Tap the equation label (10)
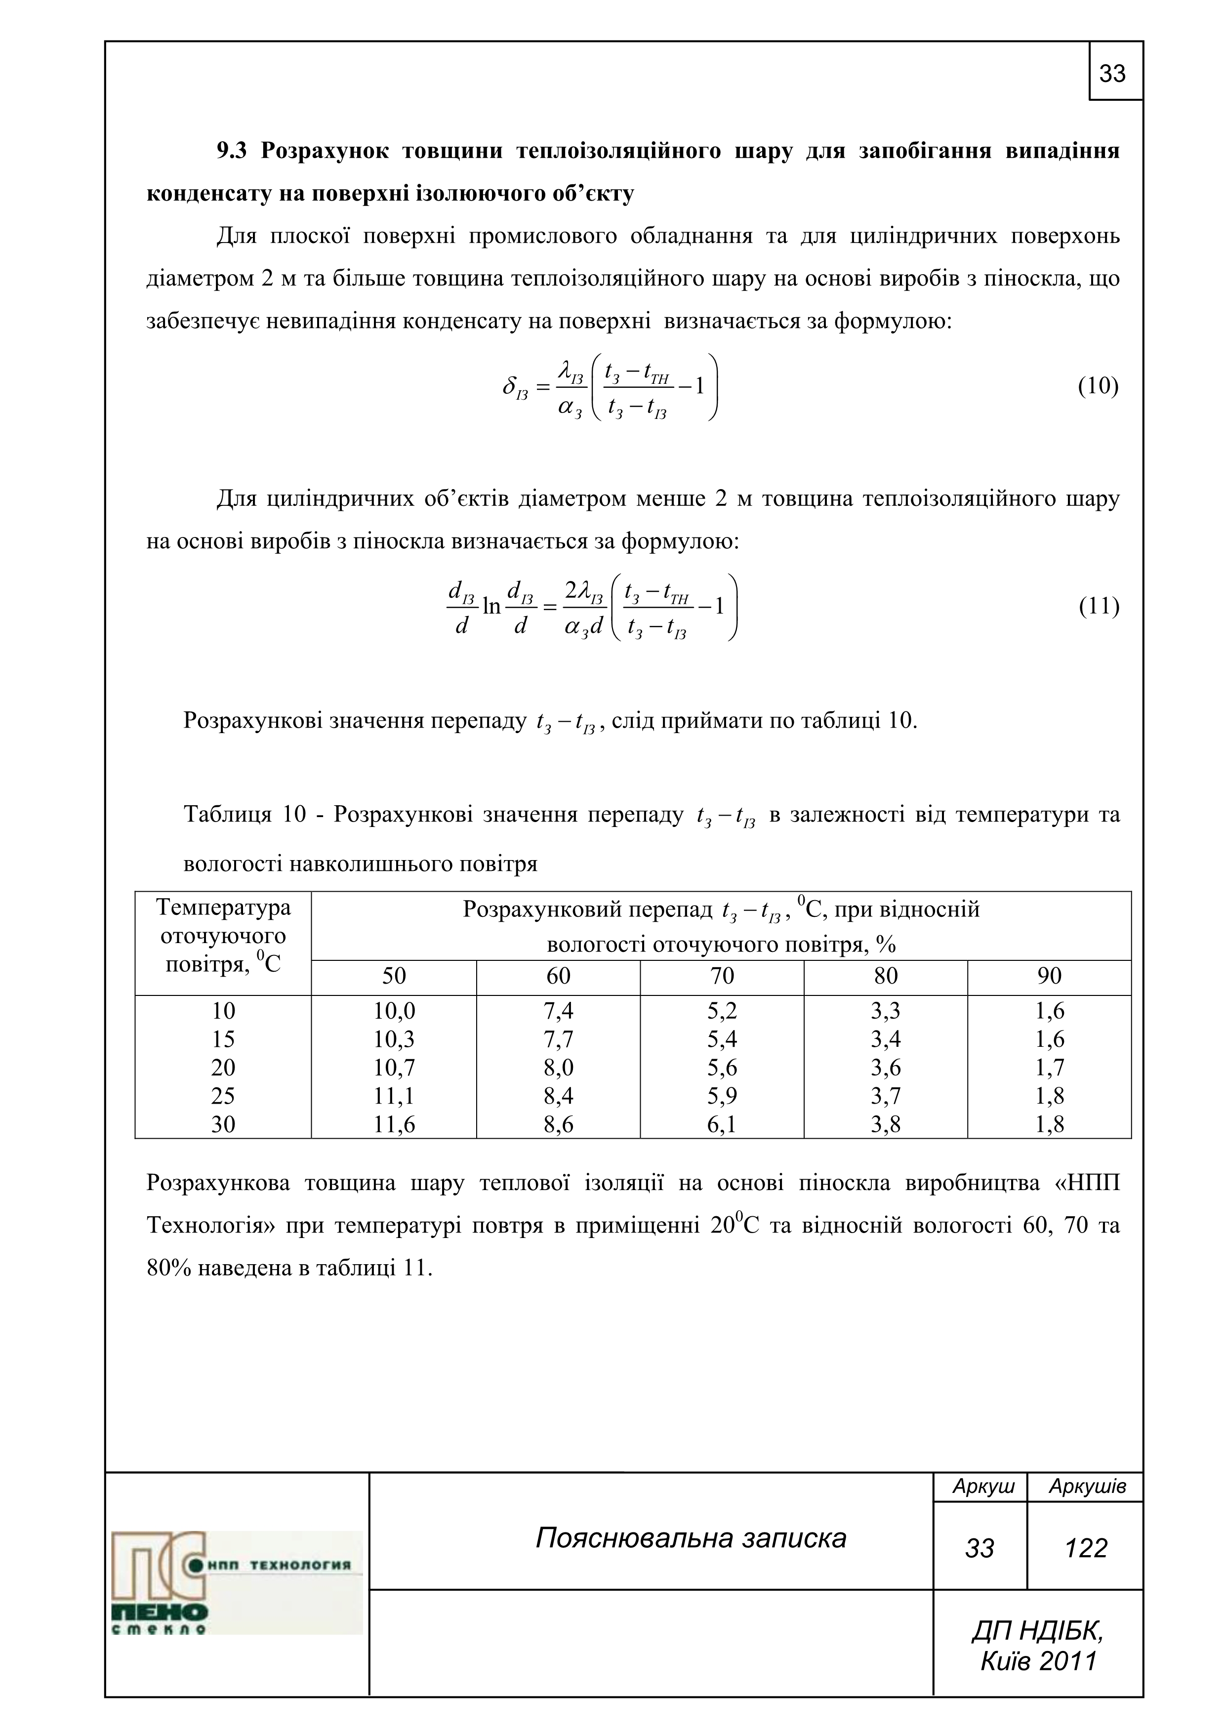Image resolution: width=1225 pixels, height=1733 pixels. (1098, 386)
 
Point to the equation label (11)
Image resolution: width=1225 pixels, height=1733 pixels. (1098, 606)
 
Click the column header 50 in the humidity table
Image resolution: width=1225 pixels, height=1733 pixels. (394, 976)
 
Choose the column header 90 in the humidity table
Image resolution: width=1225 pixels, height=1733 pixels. (1049, 976)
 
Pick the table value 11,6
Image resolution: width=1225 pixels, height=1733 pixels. (394, 1125)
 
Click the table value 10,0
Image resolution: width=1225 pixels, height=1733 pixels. (394, 1011)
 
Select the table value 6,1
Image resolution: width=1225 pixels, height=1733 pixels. (722, 1125)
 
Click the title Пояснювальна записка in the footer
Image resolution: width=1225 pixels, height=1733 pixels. (691, 1538)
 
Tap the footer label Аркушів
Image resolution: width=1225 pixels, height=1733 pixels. (1087, 1487)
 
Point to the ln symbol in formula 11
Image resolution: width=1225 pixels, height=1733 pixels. (491, 606)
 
